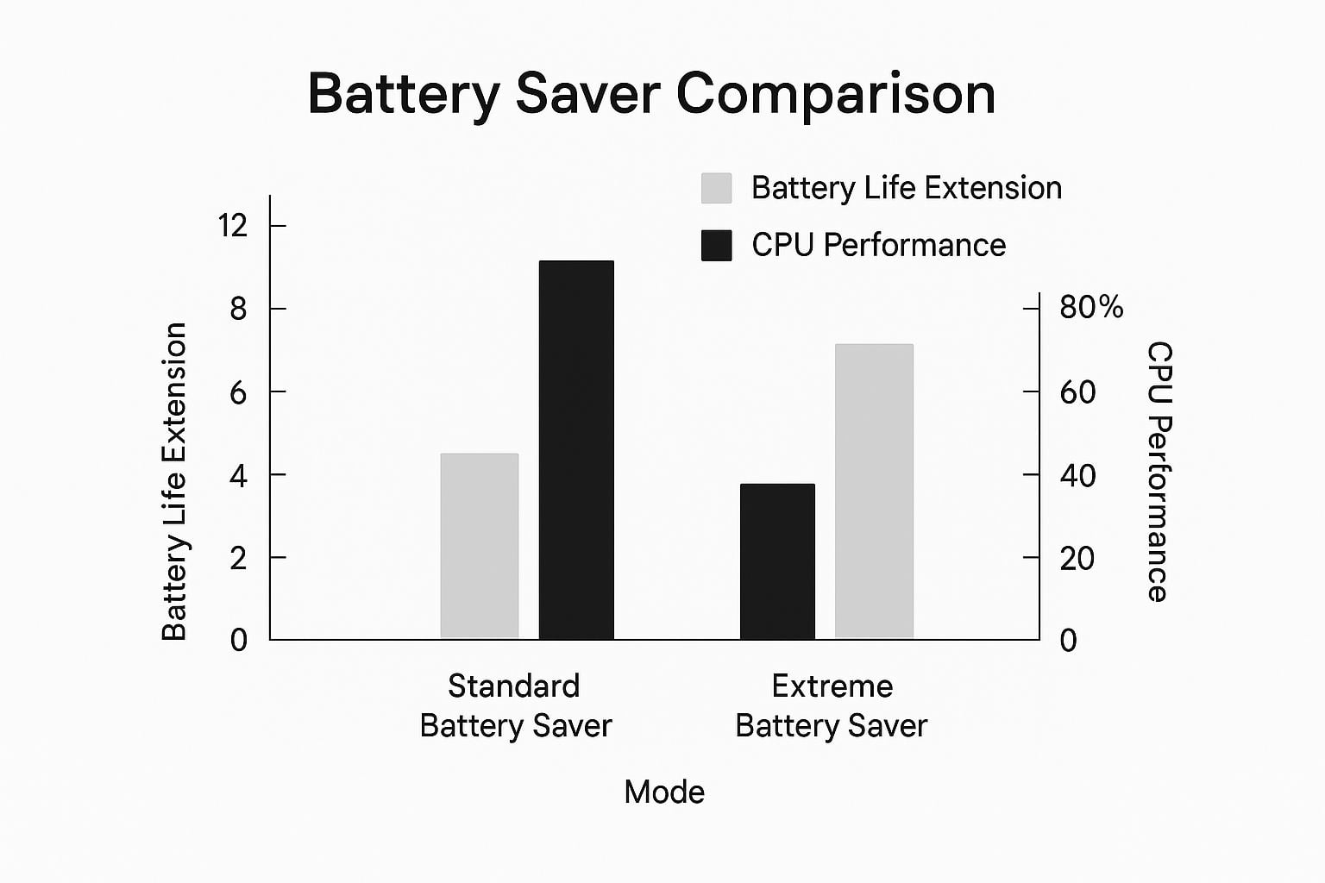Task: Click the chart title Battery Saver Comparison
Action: [x=651, y=96]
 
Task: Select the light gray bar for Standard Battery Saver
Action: [x=480, y=546]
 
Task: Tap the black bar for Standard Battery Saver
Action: [x=576, y=449]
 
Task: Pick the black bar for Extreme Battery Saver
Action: [x=777, y=561]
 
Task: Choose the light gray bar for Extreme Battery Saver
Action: [x=874, y=491]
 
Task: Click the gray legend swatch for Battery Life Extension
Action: [x=716, y=188]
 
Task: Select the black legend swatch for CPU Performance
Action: [x=716, y=246]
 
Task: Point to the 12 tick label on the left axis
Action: [x=232, y=225]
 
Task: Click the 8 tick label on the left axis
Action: [x=238, y=308]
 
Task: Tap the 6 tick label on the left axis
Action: [x=238, y=391]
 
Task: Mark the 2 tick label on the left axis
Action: [x=238, y=558]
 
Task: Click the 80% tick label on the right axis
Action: [x=1091, y=308]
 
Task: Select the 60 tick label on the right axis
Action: [x=1077, y=392]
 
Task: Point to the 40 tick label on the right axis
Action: [x=1077, y=475]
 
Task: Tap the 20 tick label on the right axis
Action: [x=1077, y=558]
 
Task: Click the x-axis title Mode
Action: [x=664, y=792]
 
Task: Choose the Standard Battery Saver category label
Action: [x=515, y=705]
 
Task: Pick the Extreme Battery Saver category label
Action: [x=832, y=705]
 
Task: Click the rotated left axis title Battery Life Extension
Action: [x=174, y=481]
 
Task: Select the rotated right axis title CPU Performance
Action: [x=1160, y=472]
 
